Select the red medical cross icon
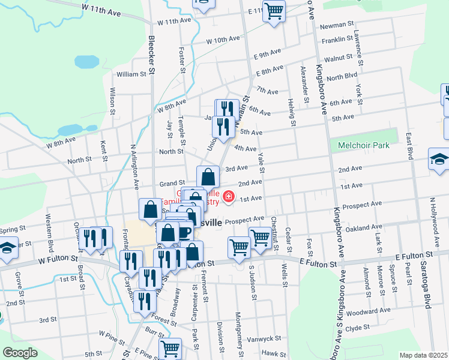(x=228, y=197)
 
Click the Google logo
(x=20, y=353)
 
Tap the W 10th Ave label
(x=223, y=41)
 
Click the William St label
(x=131, y=74)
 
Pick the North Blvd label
(x=342, y=77)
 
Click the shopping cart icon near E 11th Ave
(x=274, y=11)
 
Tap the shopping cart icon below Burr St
(x=170, y=347)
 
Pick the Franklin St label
(x=337, y=39)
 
